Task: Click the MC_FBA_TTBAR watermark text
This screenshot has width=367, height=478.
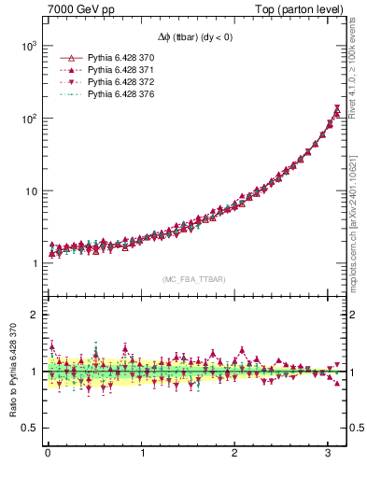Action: pyautogui.click(x=192, y=279)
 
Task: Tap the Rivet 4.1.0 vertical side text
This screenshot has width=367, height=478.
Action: pyautogui.click(x=358, y=65)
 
